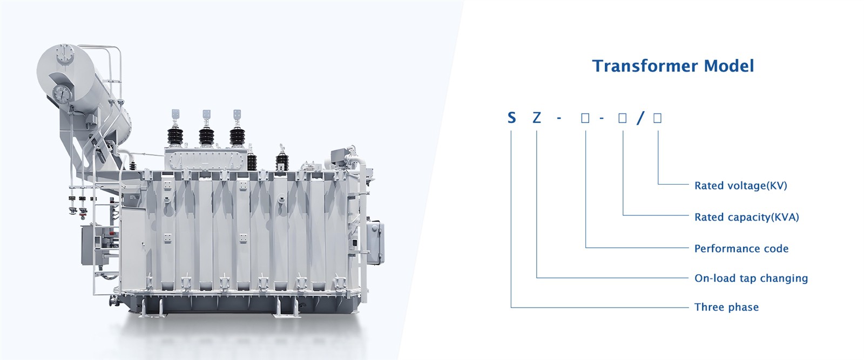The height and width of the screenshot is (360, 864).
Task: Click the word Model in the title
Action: (728, 66)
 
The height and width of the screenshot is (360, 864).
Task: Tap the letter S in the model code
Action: (511, 118)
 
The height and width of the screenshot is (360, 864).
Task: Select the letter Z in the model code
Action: (537, 118)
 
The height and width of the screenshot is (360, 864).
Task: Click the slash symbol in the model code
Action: (640, 118)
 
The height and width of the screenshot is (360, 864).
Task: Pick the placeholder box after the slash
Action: (658, 118)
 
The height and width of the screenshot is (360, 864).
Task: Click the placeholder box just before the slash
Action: (623, 118)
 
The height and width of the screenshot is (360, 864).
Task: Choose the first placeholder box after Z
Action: (585, 118)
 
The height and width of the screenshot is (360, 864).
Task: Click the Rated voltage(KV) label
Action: (740, 186)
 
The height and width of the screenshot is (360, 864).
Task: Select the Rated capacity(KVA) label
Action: (747, 218)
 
